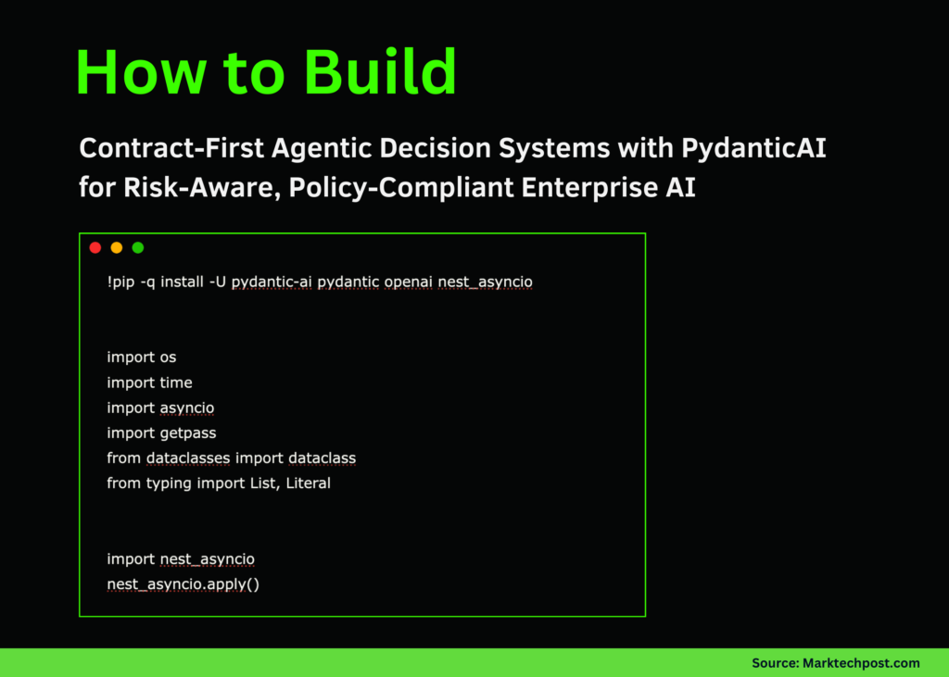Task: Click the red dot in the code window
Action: click(95, 247)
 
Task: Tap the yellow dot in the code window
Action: click(116, 247)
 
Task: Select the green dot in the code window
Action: click(138, 247)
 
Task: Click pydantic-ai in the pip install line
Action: click(272, 282)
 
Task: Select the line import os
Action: click(141, 357)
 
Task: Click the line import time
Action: click(149, 382)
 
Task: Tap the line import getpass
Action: click(161, 433)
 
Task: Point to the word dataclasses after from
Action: click(188, 458)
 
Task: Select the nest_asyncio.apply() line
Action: click(183, 584)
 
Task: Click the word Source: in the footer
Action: click(776, 663)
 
